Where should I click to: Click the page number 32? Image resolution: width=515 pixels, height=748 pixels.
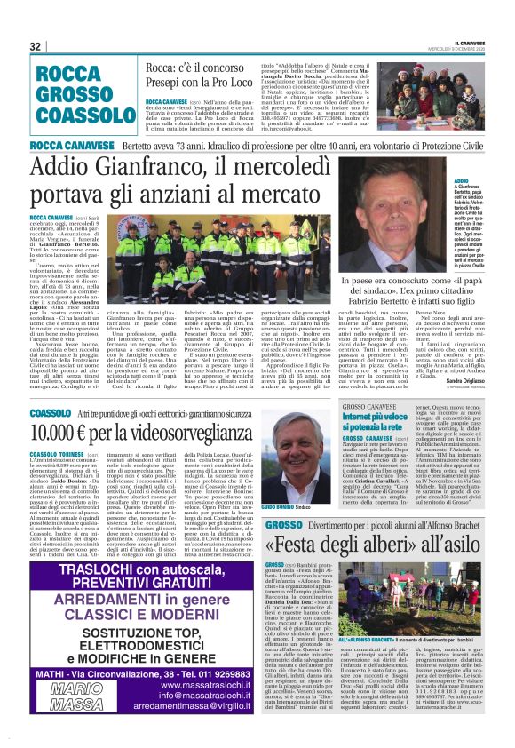pyautogui.click(x=36, y=46)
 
